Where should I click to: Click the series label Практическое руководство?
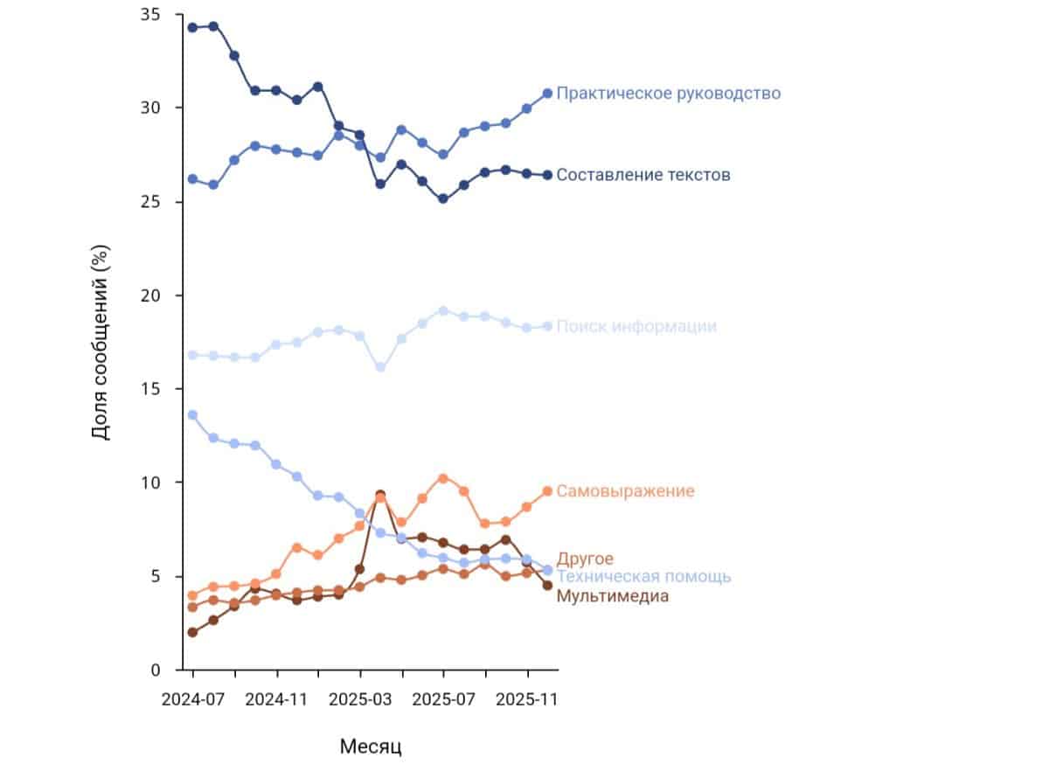pyautogui.click(x=668, y=94)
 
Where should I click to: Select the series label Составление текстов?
pyautogui.click(x=643, y=176)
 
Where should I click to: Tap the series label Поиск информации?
pyautogui.click(x=636, y=327)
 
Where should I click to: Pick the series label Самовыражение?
pyautogui.click(x=625, y=491)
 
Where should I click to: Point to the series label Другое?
pyautogui.click(x=585, y=559)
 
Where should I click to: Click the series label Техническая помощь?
pyautogui.click(x=643, y=577)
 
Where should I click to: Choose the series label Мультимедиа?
pyautogui.click(x=612, y=596)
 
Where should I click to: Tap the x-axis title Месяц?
pyautogui.click(x=370, y=747)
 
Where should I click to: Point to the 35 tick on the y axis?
pyautogui.click(x=149, y=15)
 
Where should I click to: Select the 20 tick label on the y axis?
pyautogui.click(x=149, y=295)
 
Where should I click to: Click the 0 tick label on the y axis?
pyautogui.click(x=154, y=670)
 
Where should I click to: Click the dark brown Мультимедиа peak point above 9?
pyautogui.click(x=380, y=496)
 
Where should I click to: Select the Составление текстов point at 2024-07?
pyautogui.click(x=192, y=27)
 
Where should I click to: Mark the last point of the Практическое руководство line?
pyautogui.click(x=547, y=94)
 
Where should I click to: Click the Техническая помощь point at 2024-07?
pyautogui.click(x=192, y=415)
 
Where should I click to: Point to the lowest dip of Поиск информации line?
pyautogui.click(x=380, y=367)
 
